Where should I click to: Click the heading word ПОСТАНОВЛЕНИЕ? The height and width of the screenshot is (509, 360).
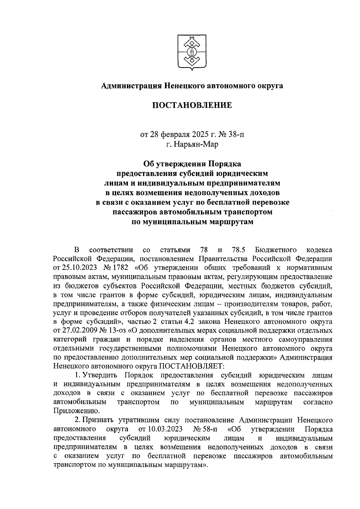pyautogui.click(x=192, y=105)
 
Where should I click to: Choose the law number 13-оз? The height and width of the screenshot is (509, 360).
pyautogui.click(x=118, y=331)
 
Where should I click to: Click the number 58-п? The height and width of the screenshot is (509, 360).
pyautogui.click(x=209, y=429)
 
